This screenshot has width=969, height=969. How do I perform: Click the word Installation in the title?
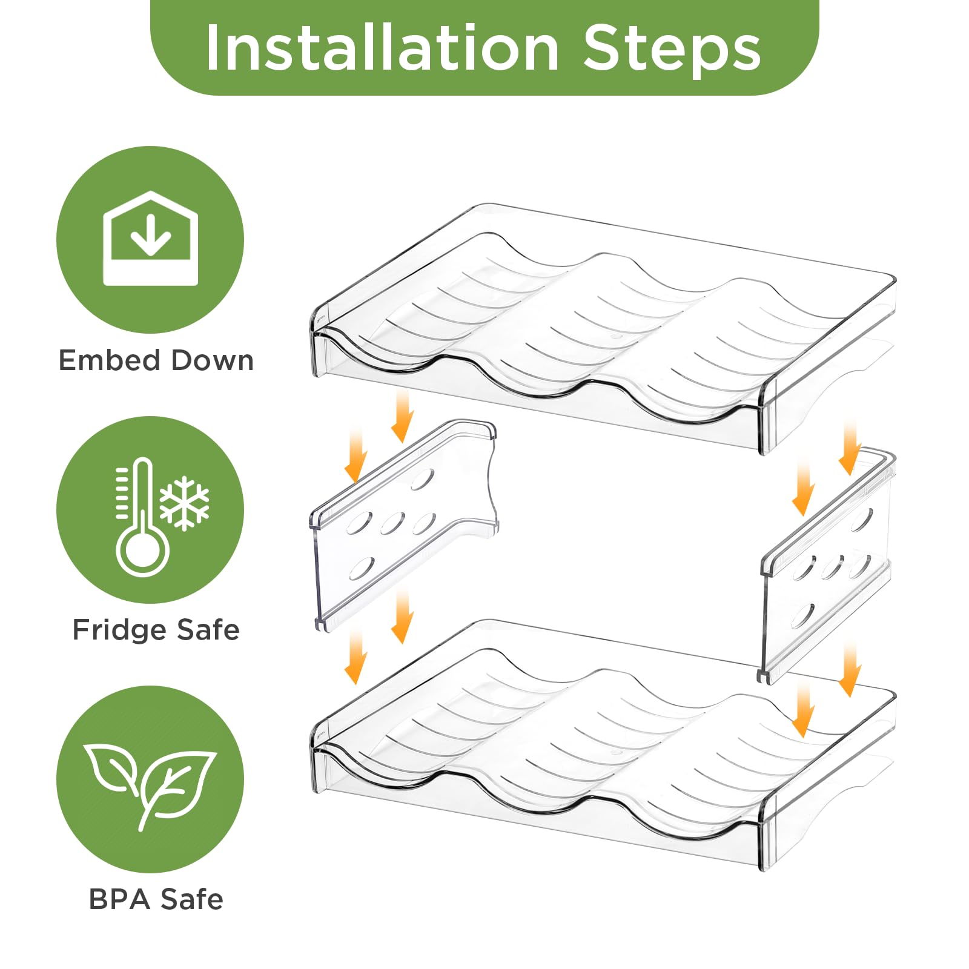point(382,48)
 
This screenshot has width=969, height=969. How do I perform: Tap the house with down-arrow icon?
point(151,238)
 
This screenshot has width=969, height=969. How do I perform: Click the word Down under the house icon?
point(212,360)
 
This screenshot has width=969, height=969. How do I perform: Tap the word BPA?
point(119,899)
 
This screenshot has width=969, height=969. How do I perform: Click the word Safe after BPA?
point(192,899)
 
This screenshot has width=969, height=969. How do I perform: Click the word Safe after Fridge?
point(208,630)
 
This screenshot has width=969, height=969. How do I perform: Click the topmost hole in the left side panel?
point(422,479)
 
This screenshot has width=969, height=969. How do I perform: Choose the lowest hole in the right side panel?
point(803,616)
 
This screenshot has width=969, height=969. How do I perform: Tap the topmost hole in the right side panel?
point(862,519)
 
